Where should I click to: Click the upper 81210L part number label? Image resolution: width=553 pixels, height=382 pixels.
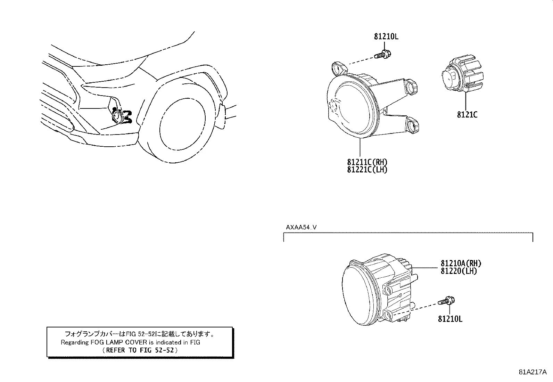tap(386, 36)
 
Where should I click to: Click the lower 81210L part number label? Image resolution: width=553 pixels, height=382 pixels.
tap(450, 318)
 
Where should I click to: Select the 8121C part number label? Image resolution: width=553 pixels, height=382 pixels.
tap(467, 114)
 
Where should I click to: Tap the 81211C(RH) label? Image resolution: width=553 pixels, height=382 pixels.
tap(367, 162)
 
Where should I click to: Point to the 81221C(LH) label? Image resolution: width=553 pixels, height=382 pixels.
tap(367, 170)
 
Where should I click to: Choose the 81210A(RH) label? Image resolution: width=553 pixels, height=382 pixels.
tap(461, 263)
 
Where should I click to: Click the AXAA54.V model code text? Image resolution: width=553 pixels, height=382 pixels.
tap(301, 227)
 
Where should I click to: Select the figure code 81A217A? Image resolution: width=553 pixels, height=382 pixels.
tap(533, 372)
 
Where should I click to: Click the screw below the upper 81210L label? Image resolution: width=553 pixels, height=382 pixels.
tap(383, 55)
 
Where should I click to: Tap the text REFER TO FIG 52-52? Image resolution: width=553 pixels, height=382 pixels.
tap(141, 350)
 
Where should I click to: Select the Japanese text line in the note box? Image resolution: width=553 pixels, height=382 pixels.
tap(140, 334)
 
